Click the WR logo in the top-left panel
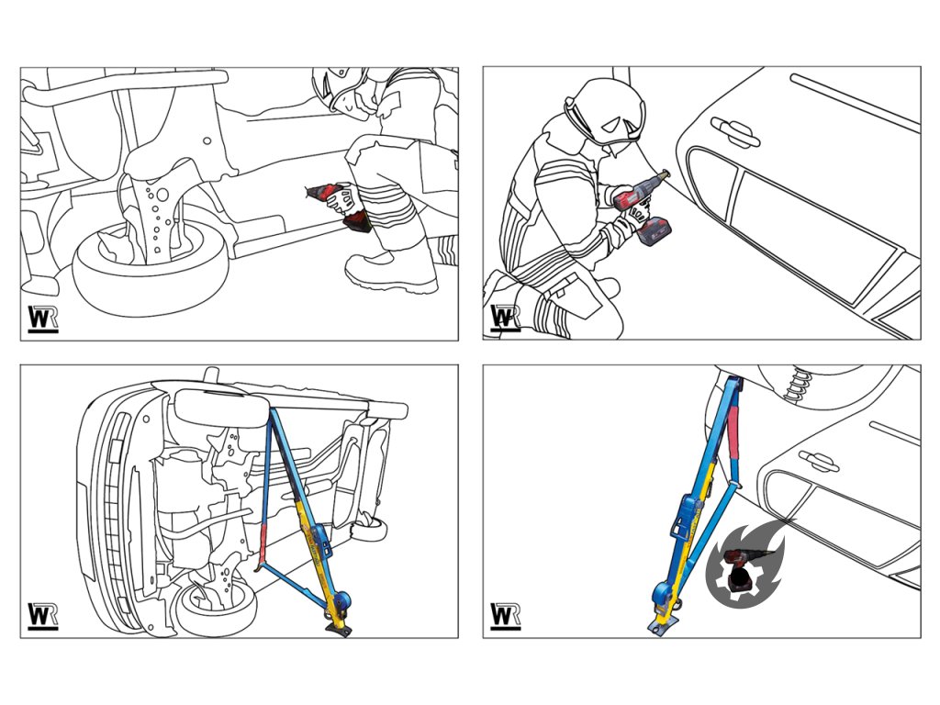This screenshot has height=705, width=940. coord(43,319)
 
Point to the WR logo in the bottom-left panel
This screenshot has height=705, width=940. coord(43,616)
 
